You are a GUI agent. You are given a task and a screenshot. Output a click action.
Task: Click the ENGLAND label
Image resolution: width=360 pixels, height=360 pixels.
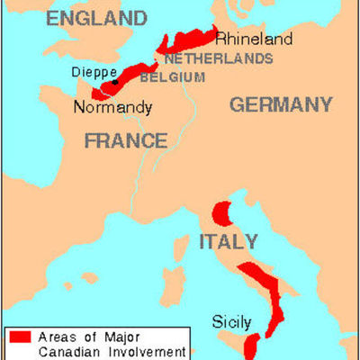(x=97, y=18)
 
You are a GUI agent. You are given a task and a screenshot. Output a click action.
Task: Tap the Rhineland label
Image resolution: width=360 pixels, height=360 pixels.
(x=254, y=39)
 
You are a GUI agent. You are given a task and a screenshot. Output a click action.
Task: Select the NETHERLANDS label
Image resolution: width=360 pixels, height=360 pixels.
(x=219, y=58)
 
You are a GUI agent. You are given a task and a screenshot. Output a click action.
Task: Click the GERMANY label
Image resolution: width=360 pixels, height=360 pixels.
(x=281, y=104)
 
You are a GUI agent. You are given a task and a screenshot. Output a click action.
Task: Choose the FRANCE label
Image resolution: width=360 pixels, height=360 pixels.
(x=126, y=140)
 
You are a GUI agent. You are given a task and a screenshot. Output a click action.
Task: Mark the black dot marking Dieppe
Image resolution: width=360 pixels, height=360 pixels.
(x=114, y=82)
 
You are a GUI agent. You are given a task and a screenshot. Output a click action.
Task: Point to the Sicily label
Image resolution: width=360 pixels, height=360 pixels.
(x=230, y=320)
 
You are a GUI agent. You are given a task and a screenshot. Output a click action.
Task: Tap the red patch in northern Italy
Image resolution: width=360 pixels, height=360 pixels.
(x=221, y=213)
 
